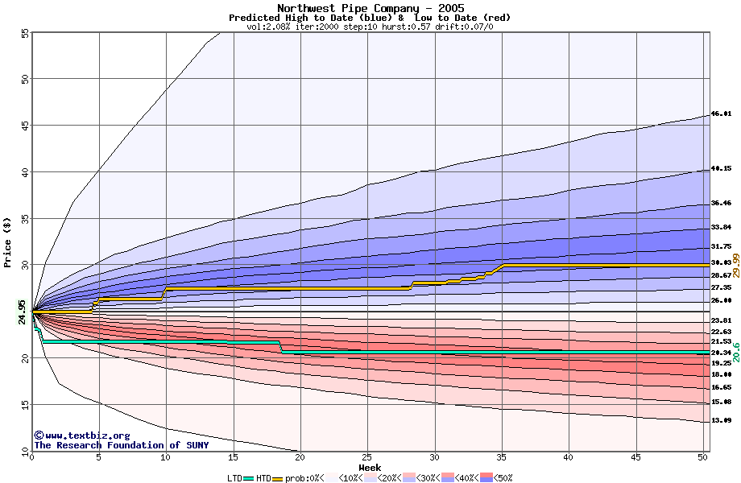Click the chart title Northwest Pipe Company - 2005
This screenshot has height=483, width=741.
(x=370, y=8)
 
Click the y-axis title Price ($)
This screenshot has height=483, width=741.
(x=8, y=241)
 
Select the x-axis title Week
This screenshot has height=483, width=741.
(x=370, y=468)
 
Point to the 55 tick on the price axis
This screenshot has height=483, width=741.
(x=24, y=34)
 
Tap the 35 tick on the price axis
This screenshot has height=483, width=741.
(x=24, y=218)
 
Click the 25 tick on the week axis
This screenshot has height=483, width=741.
(x=367, y=457)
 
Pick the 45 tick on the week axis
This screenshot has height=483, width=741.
(x=636, y=457)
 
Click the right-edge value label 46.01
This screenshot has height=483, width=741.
(x=721, y=114)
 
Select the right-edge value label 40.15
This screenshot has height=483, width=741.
(x=721, y=169)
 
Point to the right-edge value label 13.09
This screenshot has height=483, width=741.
(x=721, y=421)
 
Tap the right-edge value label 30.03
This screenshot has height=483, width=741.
(x=721, y=263)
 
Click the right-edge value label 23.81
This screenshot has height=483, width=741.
(x=721, y=320)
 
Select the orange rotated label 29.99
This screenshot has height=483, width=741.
(x=735, y=265)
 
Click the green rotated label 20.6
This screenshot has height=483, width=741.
(x=735, y=351)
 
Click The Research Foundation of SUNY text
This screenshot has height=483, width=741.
(x=121, y=445)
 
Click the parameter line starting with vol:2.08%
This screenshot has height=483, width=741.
(x=370, y=27)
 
